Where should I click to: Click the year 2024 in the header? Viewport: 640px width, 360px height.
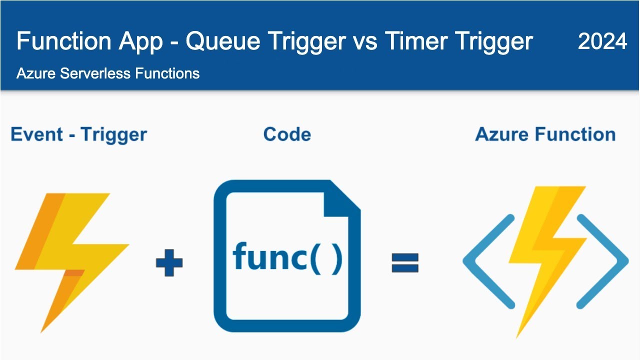602,41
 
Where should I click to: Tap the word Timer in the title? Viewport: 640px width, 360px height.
415,41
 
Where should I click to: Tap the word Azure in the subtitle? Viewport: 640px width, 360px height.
36,73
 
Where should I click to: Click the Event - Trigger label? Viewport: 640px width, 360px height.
78,134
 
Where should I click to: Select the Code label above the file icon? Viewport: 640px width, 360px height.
286,134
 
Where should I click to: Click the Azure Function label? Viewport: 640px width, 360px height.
545,134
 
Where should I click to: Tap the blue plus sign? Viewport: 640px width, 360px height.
169,263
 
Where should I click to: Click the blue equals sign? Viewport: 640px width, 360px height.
404,262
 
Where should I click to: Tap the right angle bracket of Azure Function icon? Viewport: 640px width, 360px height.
603,261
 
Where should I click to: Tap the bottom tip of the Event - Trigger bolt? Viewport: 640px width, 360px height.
43,330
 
